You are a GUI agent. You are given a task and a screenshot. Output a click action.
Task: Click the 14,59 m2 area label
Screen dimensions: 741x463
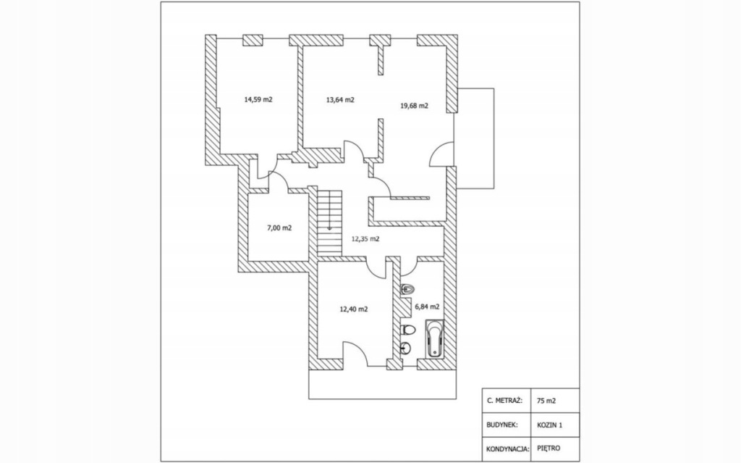(258, 99)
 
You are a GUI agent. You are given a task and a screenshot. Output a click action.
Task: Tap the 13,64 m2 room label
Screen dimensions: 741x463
(340, 99)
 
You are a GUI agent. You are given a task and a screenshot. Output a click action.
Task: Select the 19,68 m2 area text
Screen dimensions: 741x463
(414, 105)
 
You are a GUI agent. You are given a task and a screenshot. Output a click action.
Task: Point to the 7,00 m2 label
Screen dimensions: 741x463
(279, 228)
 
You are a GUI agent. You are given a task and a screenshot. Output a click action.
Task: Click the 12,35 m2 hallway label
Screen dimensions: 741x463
(365, 238)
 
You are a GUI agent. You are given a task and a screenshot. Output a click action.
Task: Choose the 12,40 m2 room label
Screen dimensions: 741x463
(354, 309)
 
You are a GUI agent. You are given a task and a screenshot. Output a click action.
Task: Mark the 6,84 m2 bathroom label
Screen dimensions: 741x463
(426, 306)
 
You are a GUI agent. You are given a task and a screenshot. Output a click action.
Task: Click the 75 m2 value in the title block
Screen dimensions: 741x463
(546, 400)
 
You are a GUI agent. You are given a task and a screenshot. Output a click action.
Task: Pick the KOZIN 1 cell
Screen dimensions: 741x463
(549, 425)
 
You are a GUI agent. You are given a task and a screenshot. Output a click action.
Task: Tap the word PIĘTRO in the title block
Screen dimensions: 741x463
(548, 449)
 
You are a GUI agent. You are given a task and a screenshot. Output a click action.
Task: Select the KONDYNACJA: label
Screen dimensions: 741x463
(506, 449)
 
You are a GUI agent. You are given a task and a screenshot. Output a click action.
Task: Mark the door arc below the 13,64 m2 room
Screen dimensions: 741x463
(354, 153)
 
